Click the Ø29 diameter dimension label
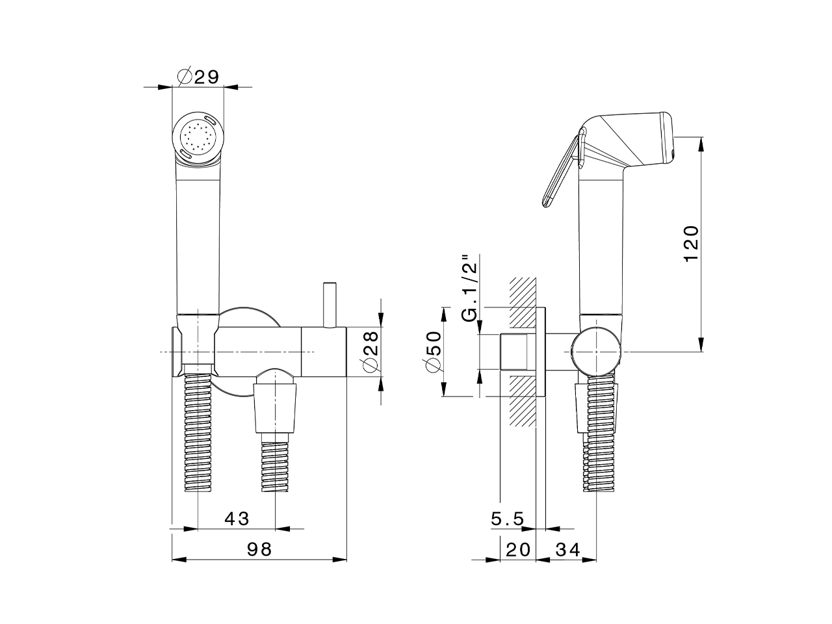198,77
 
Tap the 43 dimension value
237,519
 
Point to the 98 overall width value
259,549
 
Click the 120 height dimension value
691,244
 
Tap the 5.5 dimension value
508,519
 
